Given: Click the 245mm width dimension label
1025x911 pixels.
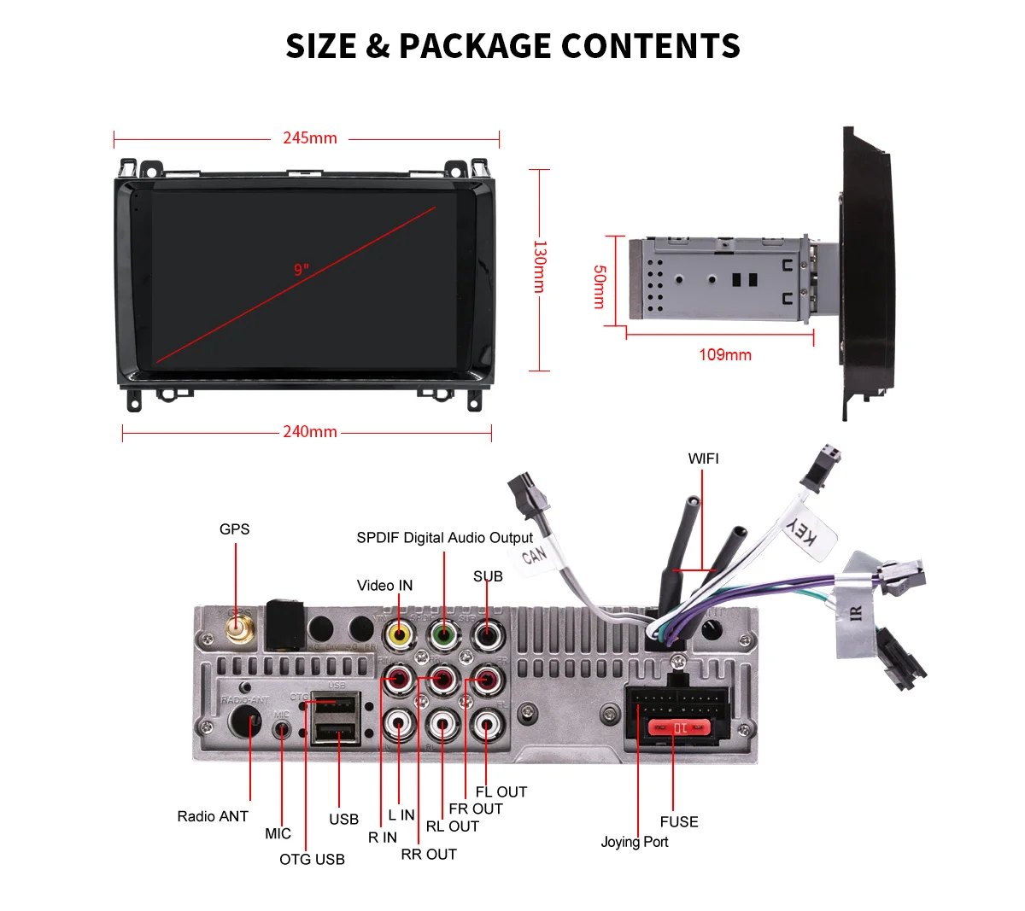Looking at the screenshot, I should (x=309, y=137).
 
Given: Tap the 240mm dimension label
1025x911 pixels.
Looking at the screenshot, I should (x=309, y=432).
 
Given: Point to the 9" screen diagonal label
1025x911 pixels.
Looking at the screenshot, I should (x=301, y=270).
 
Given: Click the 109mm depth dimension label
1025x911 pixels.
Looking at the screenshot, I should (x=724, y=354).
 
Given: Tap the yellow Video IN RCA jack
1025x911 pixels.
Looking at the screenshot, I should (x=399, y=634).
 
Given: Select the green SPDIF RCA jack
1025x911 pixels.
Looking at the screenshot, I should (x=442, y=634).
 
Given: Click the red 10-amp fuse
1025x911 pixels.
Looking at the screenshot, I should (x=679, y=727).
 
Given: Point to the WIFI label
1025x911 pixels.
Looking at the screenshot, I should (x=703, y=458).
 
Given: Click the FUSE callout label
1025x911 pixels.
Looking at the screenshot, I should (x=678, y=821).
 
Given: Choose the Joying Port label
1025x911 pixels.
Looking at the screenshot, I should (x=634, y=842).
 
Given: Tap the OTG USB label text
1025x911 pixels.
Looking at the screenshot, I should (x=312, y=859).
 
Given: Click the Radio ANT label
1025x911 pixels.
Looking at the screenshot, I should (x=213, y=816).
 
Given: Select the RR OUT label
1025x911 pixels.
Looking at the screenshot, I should (x=429, y=854).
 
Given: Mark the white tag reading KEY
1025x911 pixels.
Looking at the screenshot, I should (x=801, y=533).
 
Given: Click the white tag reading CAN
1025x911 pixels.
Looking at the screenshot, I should (x=534, y=555).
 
